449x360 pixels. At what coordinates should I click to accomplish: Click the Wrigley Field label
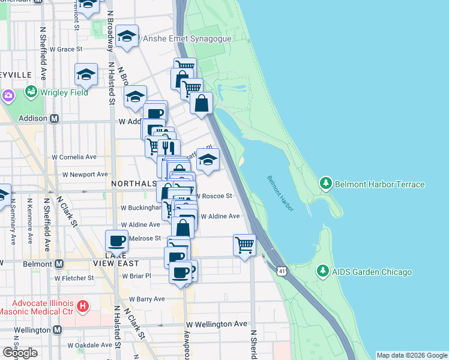64,92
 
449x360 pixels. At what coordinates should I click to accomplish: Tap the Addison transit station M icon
55,118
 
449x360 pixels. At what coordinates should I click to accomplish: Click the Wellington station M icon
57,330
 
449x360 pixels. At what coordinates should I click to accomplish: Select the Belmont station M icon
59,263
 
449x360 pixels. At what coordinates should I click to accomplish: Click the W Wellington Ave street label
217,324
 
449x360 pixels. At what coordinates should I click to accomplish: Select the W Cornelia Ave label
74,157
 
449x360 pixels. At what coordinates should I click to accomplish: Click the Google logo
20,353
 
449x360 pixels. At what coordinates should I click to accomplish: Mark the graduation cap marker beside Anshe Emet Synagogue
127,37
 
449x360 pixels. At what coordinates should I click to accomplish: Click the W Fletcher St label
74,278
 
